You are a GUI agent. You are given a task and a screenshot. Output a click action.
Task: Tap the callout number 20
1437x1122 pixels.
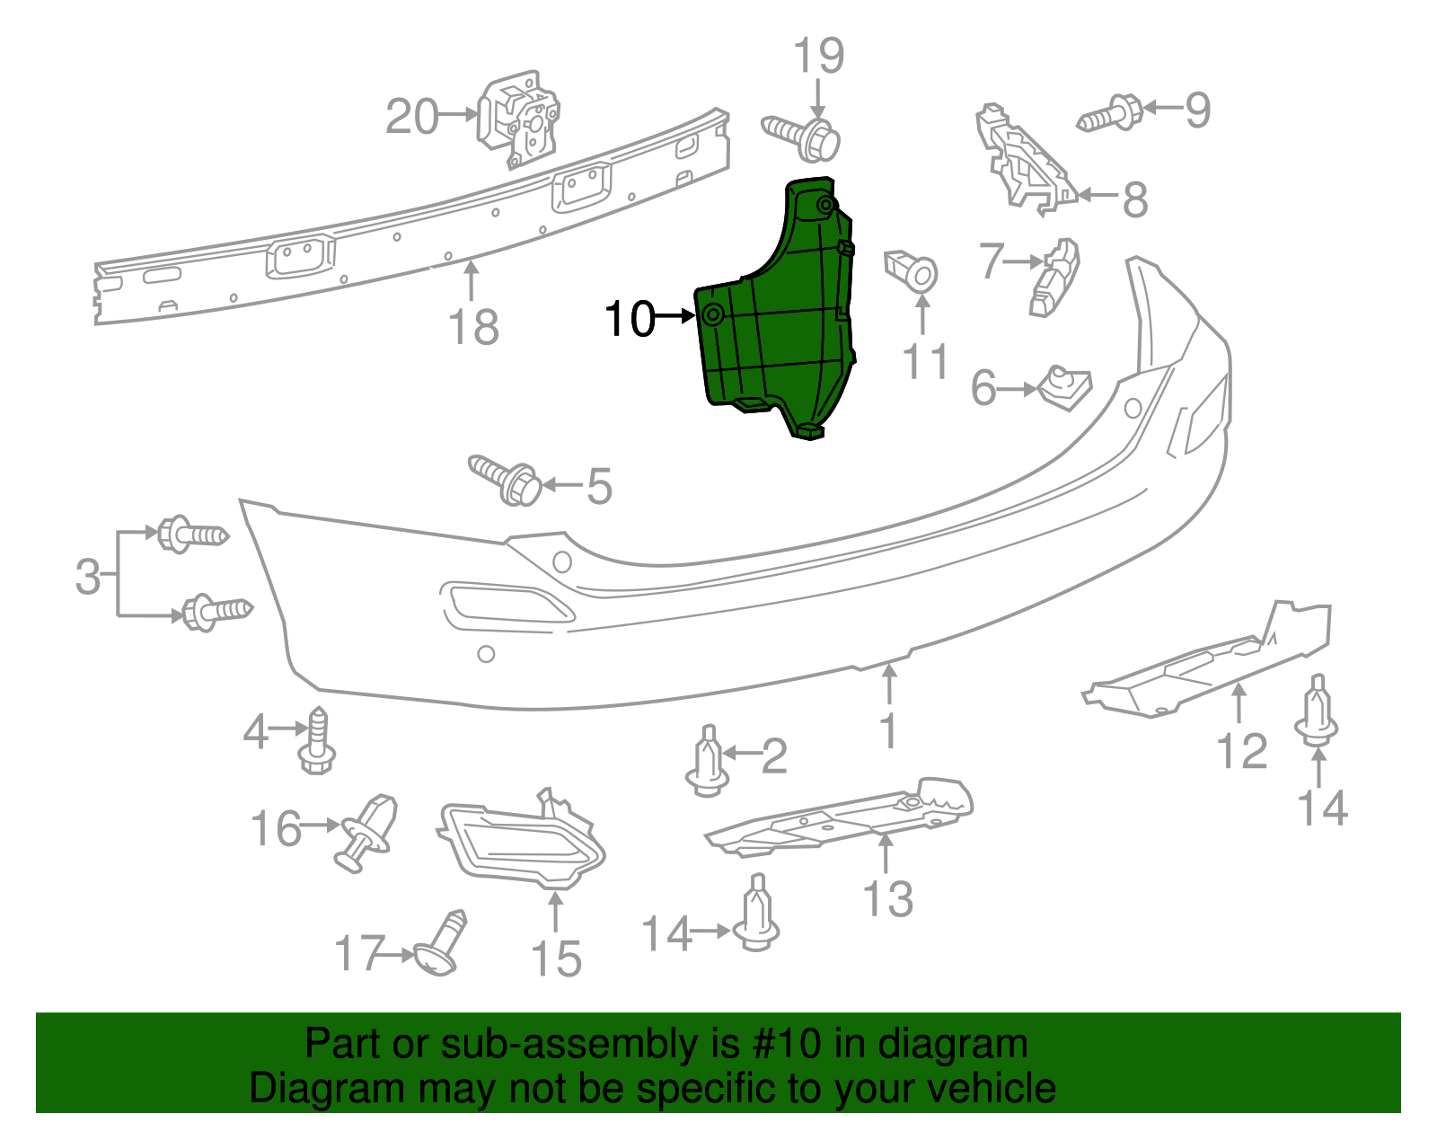tap(412, 117)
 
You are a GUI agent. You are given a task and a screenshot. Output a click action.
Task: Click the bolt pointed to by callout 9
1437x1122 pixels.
tap(1110, 115)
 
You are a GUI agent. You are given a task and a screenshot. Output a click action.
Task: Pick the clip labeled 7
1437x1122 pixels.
tap(1055, 279)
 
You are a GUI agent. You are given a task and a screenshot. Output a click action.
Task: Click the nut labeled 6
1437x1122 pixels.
tap(1064, 389)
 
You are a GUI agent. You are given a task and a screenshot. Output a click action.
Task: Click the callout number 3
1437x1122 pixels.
tap(88, 576)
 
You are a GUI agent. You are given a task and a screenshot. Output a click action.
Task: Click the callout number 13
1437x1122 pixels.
tap(887, 898)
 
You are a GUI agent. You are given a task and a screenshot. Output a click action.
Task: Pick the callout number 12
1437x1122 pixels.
tap(1242, 750)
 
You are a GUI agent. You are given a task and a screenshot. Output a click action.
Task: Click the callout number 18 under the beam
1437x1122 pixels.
tap(473, 326)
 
